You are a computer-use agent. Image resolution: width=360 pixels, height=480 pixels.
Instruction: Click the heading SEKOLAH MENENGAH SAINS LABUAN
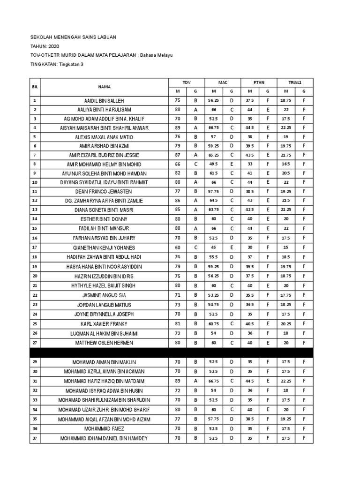point(73,37)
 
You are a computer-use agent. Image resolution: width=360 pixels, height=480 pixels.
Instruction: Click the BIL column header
point(35,87)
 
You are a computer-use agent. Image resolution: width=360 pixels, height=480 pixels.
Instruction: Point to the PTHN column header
point(258,82)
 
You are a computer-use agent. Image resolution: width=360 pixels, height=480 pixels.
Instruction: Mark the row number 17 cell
point(35,247)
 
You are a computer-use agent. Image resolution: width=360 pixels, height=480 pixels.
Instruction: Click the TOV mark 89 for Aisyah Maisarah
point(177,127)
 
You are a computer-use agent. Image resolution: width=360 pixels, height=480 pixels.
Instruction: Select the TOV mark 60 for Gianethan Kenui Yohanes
point(177,247)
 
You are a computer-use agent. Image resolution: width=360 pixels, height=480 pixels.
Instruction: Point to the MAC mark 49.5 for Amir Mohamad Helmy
point(213,165)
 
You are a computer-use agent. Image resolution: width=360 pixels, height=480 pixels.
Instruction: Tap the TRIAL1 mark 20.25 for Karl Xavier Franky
point(285,323)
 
